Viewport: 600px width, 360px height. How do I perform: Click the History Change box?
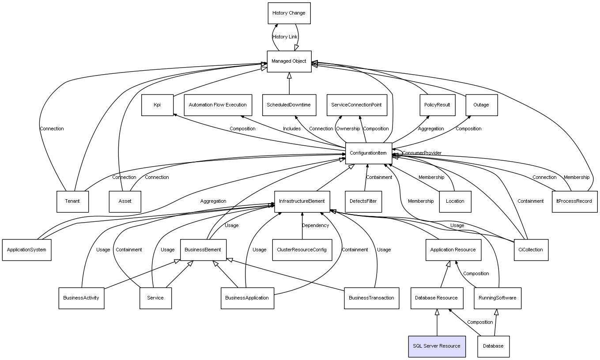tap(289, 13)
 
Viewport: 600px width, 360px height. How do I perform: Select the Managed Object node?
tap(289, 61)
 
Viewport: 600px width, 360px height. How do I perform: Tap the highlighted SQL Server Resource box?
tap(437, 346)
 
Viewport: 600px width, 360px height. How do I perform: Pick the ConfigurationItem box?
tap(369, 153)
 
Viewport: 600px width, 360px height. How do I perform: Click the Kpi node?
tap(158, 105)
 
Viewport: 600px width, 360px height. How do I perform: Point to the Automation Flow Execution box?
tap(218, 105)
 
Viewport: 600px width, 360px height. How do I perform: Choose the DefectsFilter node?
tap(363, 201)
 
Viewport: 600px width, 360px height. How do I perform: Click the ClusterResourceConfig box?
tap(302, 250)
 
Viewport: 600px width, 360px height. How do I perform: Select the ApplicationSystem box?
tap(27, 250)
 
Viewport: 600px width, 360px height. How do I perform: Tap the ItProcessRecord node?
tap(575, 201)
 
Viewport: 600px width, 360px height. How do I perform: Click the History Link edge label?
tap(285, 37)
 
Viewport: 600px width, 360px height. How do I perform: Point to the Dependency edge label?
tap(316, 225)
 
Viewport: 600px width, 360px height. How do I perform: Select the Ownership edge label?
tap(348, 129)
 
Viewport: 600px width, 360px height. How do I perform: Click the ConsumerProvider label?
tap(422, 153)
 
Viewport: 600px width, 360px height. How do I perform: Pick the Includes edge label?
tap(292, 129)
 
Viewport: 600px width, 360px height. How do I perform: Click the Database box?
tap(494, 346)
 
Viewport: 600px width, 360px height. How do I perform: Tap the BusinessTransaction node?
tap(372, 298)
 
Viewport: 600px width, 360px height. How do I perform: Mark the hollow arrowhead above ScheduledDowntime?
tap(289, 76)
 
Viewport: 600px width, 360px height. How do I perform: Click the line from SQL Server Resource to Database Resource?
tap(437, 322)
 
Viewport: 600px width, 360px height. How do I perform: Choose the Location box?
tap(455, 201)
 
